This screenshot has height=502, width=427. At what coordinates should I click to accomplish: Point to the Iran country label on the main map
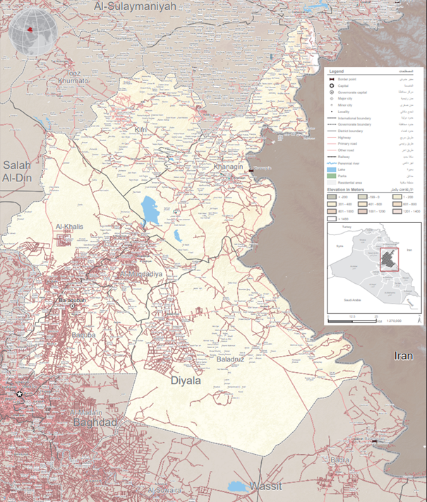tap(403, 357)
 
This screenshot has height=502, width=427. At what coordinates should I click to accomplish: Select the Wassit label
tap(265, 486)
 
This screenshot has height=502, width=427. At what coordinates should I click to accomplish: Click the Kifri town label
tap(141, 130)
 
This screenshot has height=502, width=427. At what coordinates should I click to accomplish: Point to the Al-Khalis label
tap(70, 227)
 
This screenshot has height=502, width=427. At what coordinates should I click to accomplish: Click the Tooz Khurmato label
tap(73, 77)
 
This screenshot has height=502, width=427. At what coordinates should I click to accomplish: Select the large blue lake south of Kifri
tap(150, 210)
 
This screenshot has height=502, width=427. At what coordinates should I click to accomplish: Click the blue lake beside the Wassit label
tap(239, 486)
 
